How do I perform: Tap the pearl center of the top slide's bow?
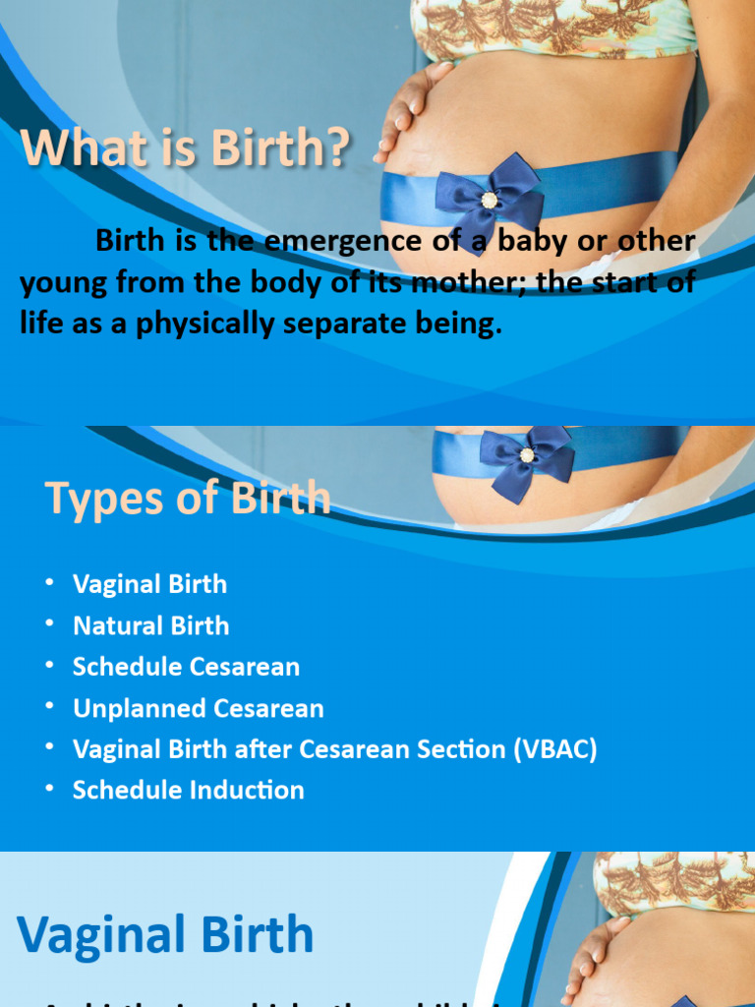point(489,200)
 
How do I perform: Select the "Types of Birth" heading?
point(188,498)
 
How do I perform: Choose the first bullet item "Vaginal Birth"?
point(149,584)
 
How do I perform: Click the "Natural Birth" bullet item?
point(150,625)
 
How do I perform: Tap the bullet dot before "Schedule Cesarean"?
point(49,666)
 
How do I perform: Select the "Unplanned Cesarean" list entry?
point(198,708)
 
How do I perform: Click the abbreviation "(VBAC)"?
point(554,749)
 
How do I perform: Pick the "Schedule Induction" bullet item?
point(188,791)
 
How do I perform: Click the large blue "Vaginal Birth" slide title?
point(165,934)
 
